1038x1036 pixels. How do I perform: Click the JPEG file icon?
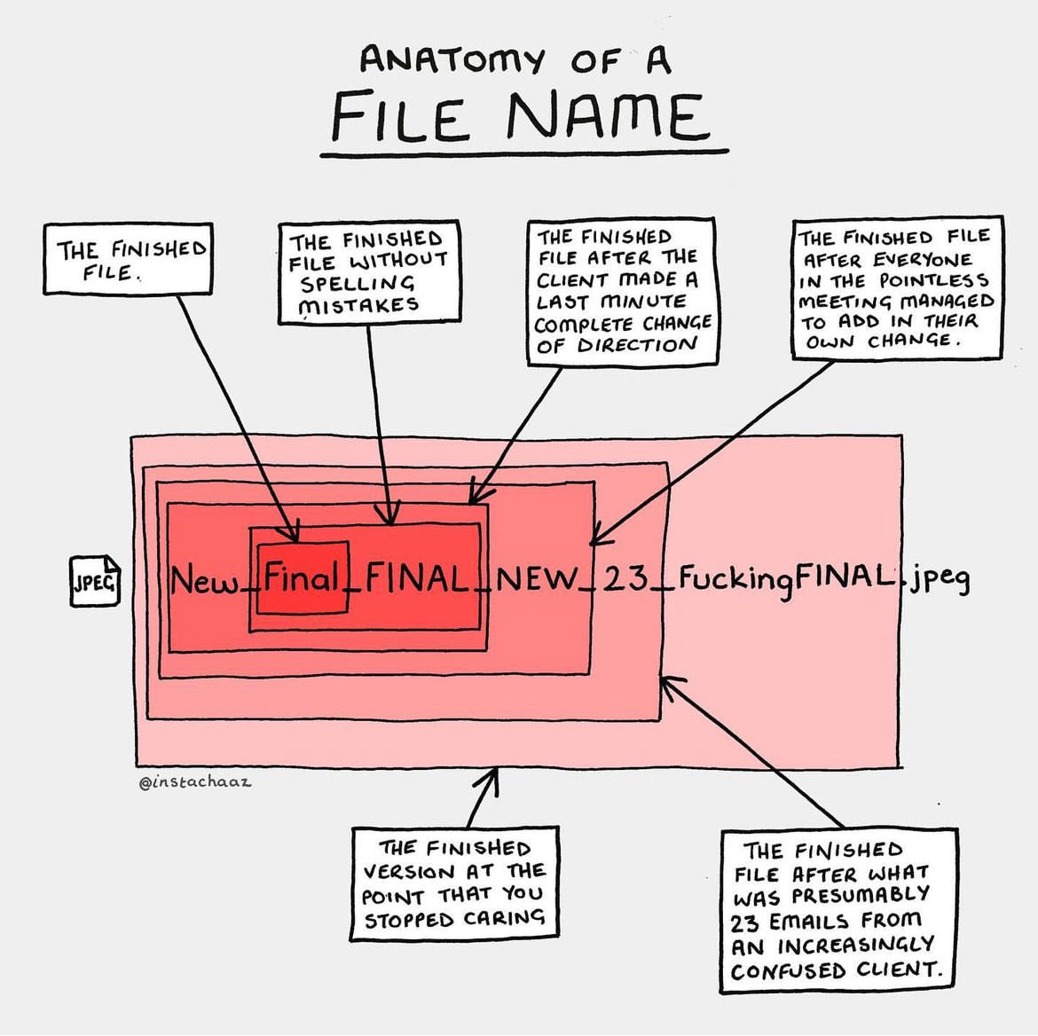(x=95, y=581)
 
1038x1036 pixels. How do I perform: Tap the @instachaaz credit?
(x=194, y=781)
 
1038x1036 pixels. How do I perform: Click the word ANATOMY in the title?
(x=452, y=59)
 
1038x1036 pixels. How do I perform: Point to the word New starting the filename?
(x=204, y=579)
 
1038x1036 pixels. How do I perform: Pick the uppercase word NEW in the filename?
(x=537, y=579)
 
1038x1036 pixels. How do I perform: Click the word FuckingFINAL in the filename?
(x=784, y=580)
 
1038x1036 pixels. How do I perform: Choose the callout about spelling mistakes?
(x=368, y=272)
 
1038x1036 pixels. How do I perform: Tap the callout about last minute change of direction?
(x=622, y=292)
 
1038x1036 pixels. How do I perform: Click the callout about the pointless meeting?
(x=897, y=288)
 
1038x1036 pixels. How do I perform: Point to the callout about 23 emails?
(x=838, y=910)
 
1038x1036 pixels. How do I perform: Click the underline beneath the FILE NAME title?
(x=523, y=153)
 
